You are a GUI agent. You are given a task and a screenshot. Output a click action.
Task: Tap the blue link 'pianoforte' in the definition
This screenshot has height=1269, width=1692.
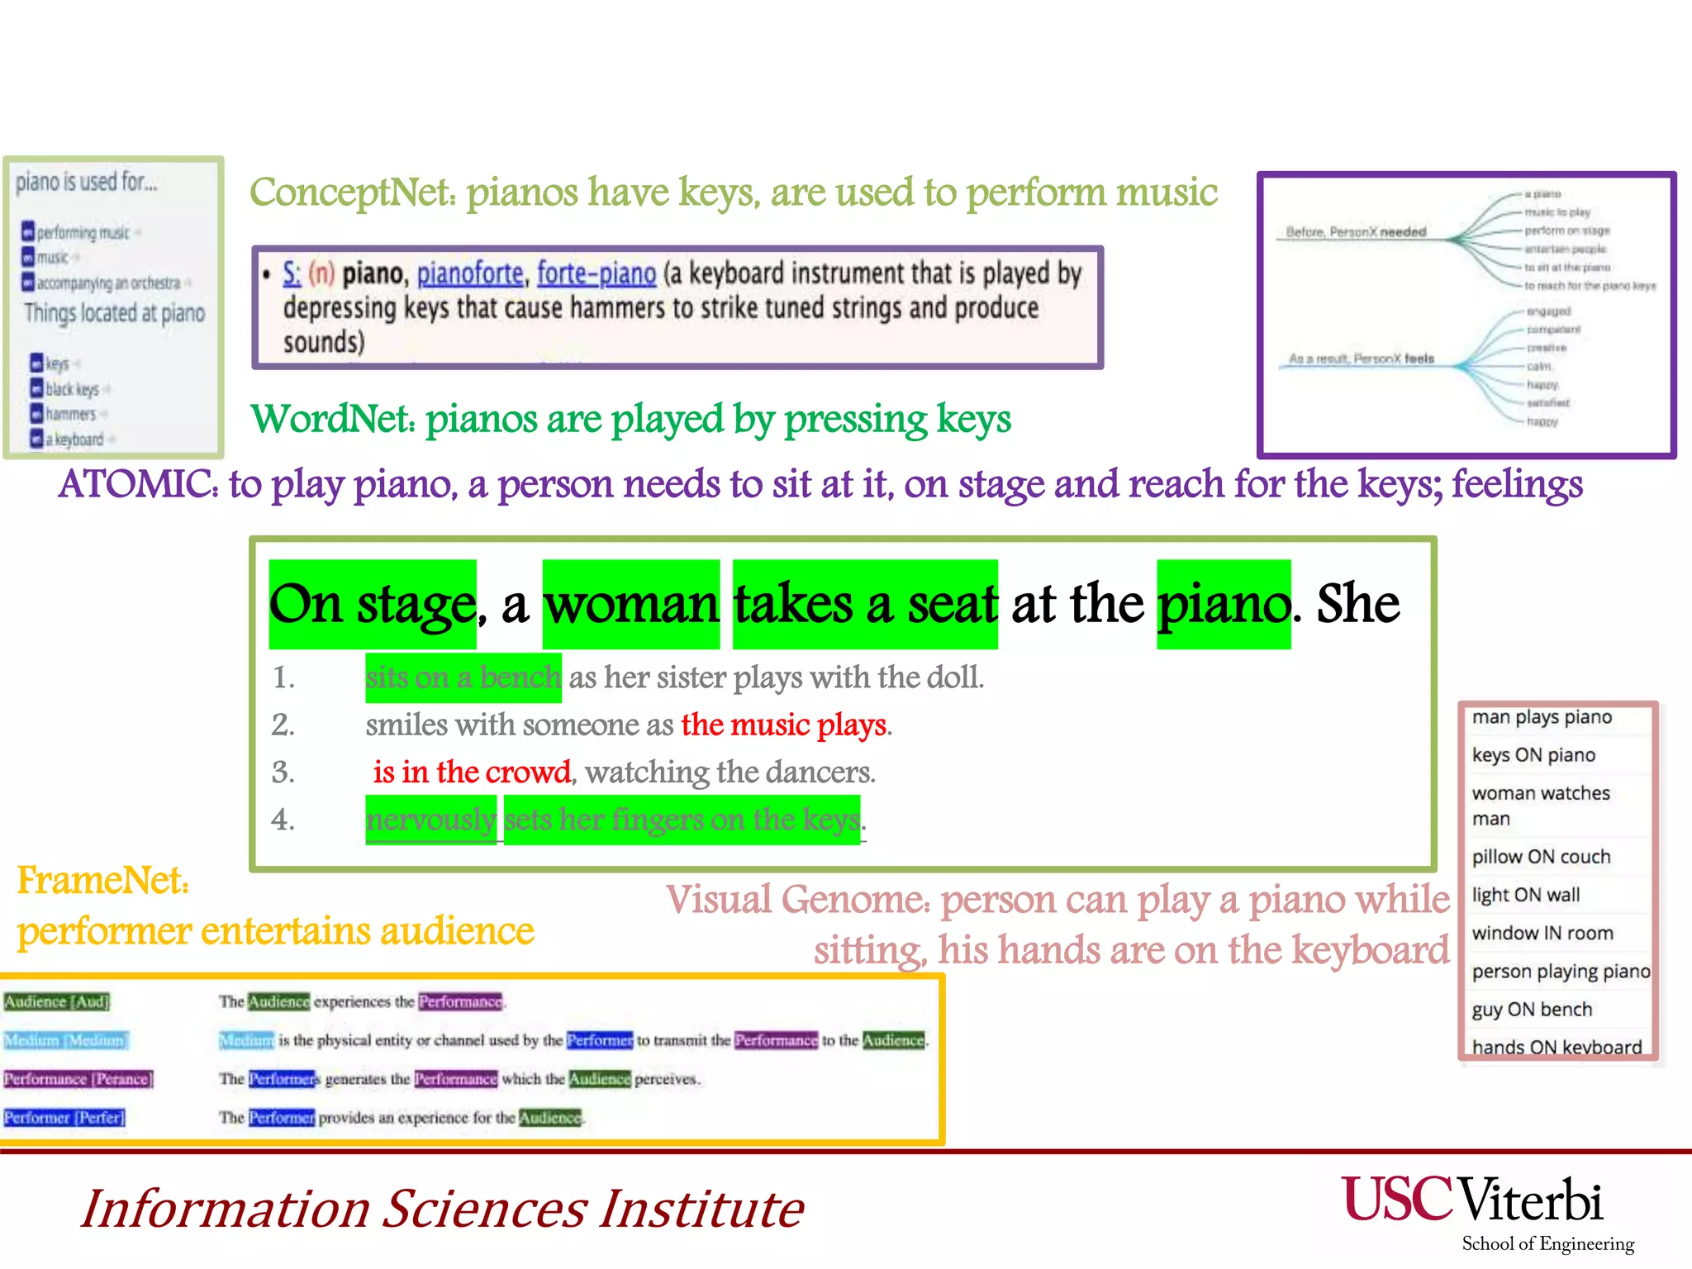470,273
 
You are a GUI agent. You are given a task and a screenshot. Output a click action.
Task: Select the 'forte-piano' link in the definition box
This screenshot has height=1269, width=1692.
596,273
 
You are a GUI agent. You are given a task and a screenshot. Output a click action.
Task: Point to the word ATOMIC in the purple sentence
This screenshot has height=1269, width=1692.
136,484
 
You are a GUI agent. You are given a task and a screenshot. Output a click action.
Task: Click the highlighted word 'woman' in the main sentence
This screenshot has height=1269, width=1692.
631,605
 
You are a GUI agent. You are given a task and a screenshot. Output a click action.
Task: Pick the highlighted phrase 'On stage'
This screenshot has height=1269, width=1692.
373,605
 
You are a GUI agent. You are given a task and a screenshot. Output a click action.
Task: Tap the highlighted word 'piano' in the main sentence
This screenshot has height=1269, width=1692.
1224,605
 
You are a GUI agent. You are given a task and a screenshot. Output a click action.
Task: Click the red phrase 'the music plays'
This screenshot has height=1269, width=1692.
784,725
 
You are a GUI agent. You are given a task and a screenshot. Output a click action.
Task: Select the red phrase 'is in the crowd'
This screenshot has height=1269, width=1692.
472,772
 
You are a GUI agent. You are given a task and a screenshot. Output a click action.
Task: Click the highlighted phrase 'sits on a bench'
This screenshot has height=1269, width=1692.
463,678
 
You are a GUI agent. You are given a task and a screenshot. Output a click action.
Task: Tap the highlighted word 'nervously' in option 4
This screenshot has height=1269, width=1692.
431,820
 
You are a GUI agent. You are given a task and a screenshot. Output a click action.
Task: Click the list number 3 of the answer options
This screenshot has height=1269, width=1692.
283,772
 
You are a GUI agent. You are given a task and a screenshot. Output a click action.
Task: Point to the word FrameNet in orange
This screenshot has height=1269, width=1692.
102,881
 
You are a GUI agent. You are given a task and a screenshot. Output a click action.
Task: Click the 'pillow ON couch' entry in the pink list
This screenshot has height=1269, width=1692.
1541,857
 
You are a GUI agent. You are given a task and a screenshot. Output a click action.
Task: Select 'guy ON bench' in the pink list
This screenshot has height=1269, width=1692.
1532,1009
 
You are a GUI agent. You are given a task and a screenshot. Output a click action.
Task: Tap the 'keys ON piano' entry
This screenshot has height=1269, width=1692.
1533,755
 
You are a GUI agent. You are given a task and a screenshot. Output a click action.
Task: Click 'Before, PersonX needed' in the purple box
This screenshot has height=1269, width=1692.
1356,232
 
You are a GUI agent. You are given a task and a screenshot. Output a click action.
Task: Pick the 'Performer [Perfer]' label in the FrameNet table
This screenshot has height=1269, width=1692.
64,1118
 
